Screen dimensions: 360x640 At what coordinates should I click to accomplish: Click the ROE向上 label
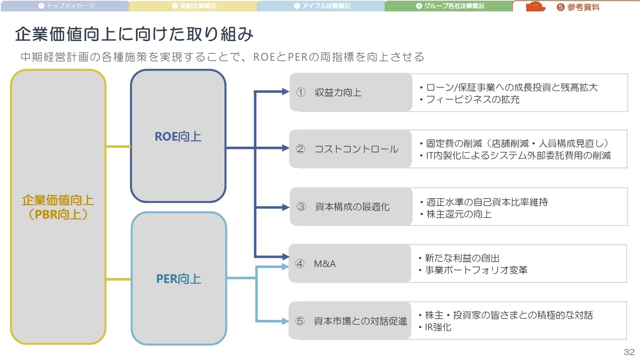(x=178, y=137)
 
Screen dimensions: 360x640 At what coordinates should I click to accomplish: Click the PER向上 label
(x=179, y=279)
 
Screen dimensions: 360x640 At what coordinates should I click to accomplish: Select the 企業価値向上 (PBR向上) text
(x=58, y=207)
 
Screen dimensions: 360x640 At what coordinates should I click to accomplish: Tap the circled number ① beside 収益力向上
(x=301, y=92)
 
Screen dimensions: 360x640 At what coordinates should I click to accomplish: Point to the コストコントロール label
(x=356, y=149)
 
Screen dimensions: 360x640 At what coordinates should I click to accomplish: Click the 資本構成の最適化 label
(x=352, y=207)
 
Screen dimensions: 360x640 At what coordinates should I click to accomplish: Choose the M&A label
(x=325, y=264)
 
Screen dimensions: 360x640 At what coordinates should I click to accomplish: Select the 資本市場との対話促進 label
(x=360, y=321)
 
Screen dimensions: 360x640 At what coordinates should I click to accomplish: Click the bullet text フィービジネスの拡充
(x=473, y=99)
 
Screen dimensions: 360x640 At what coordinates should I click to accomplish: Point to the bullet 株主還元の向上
(x=459, y=214)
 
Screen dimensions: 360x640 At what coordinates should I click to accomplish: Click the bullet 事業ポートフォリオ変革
(x=476, y=270)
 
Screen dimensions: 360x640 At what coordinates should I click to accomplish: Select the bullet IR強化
(x=438, y=327)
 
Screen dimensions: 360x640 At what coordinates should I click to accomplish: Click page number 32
(x=629, y=352)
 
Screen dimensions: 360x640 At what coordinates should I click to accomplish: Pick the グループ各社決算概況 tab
(x=450, y=6)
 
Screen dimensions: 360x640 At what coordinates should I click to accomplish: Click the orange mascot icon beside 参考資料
(x=535, y=7)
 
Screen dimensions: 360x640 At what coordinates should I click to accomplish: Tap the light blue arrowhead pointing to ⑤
(x=285, y=321)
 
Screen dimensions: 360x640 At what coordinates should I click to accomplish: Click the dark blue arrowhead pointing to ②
(x=286, y=148)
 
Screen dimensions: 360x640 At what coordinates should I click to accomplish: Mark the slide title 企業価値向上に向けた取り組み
(x=134, y=34)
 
